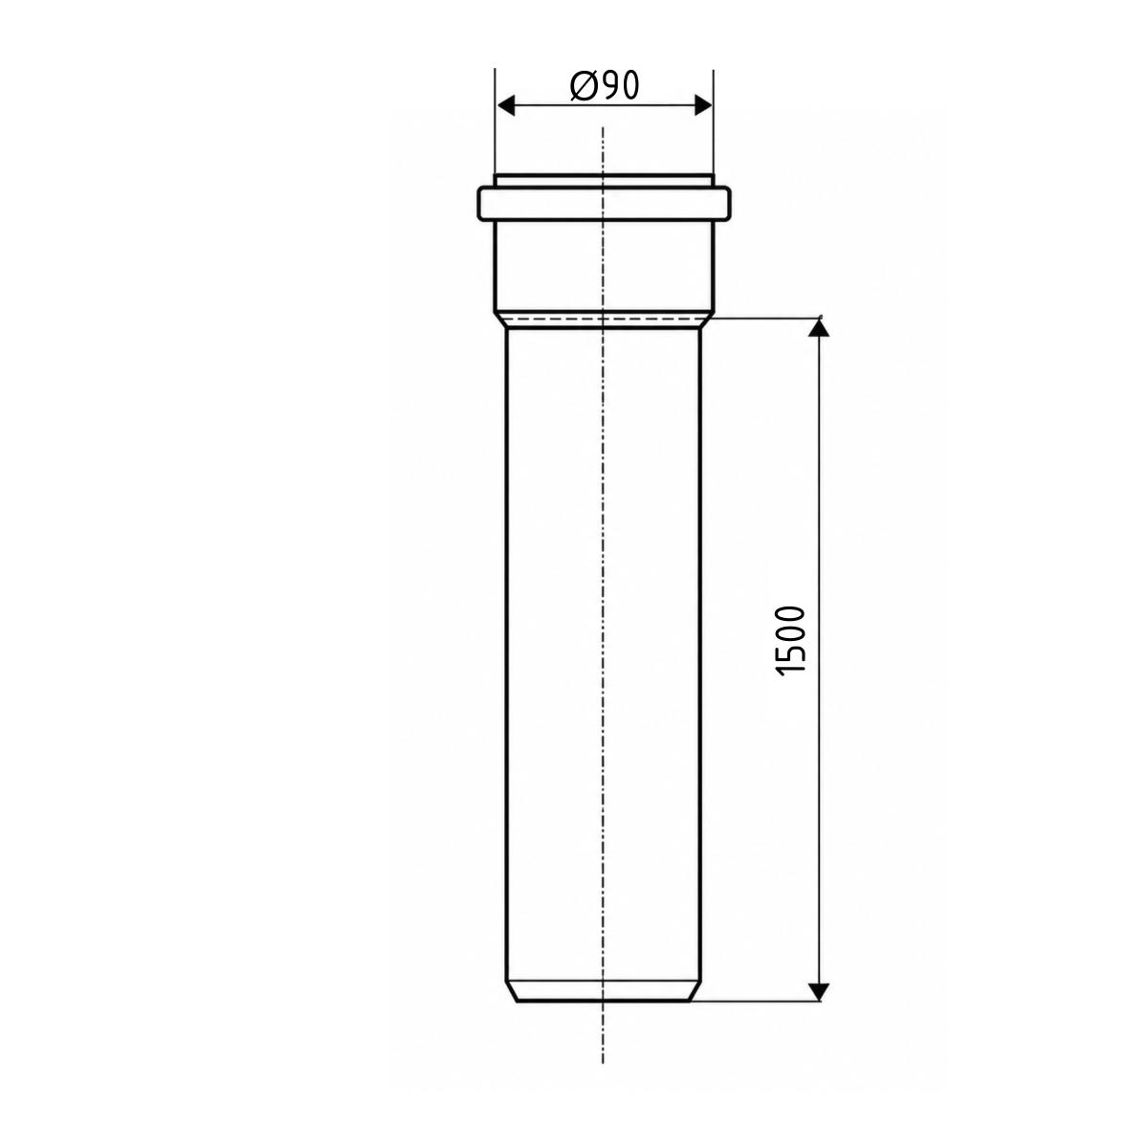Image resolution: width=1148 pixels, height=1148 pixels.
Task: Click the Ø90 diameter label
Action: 604,86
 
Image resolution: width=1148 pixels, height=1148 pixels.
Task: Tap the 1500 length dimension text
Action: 791,641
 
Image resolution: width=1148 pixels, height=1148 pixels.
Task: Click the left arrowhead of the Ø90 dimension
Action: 505,106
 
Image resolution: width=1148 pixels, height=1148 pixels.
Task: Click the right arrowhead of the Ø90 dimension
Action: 703,106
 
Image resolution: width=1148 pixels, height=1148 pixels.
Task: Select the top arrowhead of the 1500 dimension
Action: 819,329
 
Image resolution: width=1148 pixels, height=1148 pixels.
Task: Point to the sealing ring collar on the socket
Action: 604,204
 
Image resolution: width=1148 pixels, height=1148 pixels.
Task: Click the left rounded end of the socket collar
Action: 480,204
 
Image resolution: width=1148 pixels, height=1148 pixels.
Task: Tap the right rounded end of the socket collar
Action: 727,204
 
